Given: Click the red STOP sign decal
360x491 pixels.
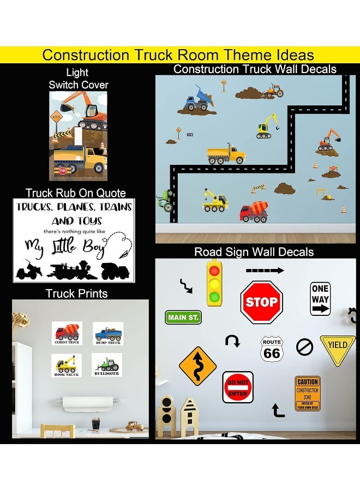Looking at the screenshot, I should pos(261,302).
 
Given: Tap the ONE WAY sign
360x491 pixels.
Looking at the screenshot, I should pos(320,299).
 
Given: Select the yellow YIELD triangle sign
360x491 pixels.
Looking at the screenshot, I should pos(338,348).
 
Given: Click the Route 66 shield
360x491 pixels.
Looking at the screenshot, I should pos(272,348).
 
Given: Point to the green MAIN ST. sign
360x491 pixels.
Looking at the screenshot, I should pos(183,318).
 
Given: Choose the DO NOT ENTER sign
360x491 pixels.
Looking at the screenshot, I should pos(238,387).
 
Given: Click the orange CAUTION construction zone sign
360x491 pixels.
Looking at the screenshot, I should pos(308,393).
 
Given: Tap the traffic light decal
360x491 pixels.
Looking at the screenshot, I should pos(215,283).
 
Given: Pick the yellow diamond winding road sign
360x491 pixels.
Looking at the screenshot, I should pos(197,366).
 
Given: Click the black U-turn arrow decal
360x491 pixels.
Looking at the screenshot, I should pos(233,342).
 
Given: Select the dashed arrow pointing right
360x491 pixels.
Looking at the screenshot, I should pos(265,270).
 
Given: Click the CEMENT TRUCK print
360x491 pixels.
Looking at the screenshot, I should pos(67,333).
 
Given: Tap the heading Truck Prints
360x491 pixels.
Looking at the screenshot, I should pos(76,294).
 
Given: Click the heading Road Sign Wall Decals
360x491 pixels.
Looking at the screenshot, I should pos(254,252).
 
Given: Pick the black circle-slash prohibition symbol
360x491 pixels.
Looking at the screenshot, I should pos(304,347).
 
